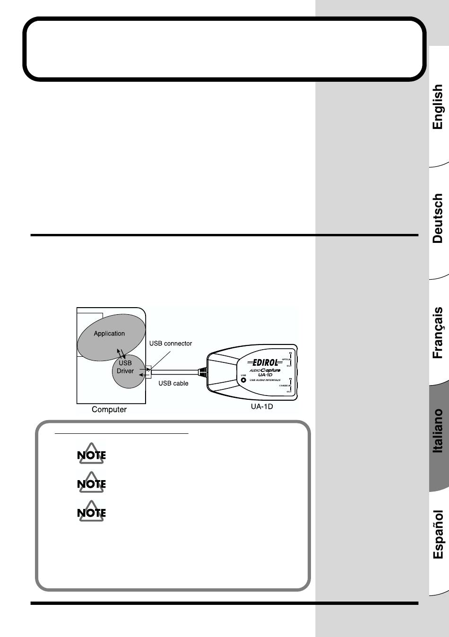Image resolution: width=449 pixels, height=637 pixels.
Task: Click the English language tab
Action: point(438,107)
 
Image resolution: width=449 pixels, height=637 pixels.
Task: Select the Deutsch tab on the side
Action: point(438,218)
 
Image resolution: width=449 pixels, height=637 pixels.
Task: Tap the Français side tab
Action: point(438,333)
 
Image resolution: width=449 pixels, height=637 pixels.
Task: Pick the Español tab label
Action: point(438,534)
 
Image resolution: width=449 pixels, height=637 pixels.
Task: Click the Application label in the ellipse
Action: point(109,334)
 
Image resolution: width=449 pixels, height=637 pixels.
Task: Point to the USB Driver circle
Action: point(125,367)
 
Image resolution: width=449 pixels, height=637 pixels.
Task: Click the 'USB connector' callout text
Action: point(171,344)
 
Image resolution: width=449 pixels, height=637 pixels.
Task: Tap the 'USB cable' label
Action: point(173,383)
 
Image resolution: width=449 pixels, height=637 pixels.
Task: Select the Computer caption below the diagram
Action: point(109,410)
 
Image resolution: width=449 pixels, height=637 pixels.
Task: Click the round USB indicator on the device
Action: point(243,380)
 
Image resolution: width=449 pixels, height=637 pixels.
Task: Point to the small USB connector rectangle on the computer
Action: point(148,371)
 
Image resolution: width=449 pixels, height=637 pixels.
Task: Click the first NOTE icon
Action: point(91,455)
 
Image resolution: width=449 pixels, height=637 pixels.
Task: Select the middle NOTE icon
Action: point(91,483)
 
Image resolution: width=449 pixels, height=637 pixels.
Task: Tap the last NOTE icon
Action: point(91,512)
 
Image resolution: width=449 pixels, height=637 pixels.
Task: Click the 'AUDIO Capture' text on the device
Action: point(265,370)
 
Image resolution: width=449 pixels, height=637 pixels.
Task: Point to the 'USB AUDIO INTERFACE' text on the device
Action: point(265,380)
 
